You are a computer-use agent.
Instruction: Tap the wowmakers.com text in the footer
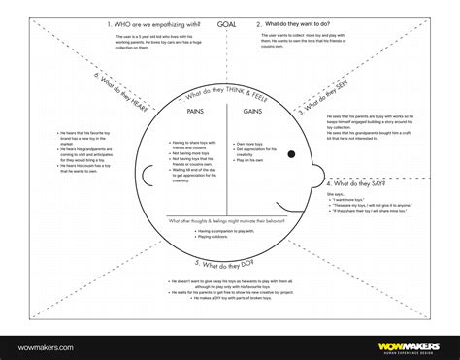[x=42, y=343]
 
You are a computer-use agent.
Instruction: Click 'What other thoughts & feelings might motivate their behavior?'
[x=224, y=221]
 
